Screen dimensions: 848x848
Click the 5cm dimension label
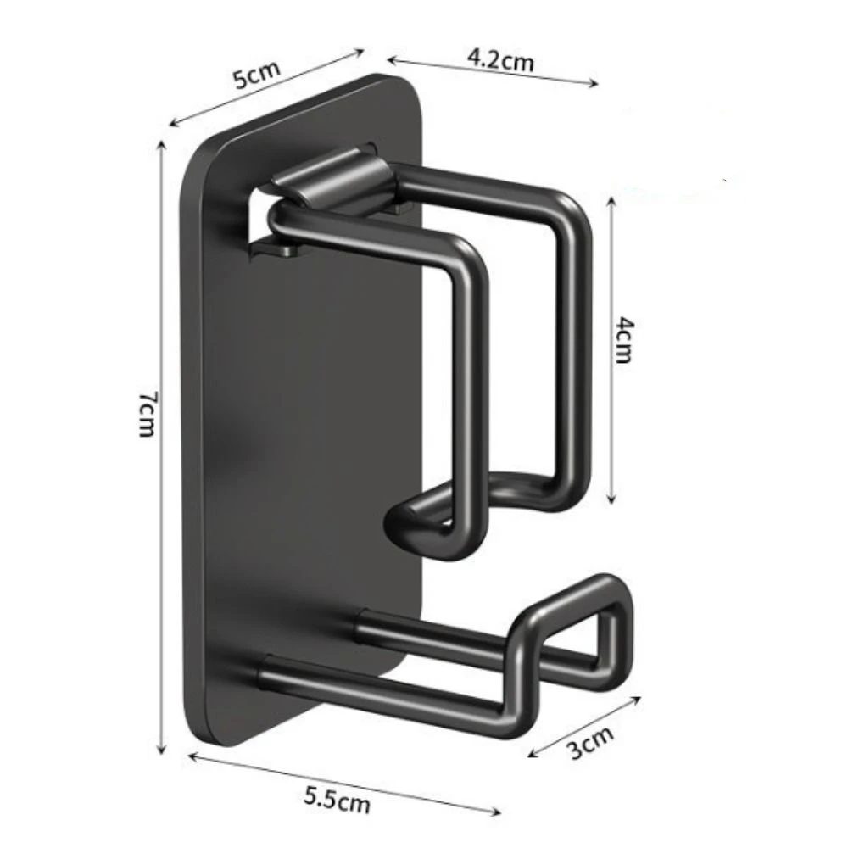[x=257, y=75]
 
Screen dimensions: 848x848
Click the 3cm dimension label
[x=590, y=742]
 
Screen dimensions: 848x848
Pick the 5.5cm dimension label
[x=338, y=800]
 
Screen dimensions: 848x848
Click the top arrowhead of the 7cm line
[x=160, y=144]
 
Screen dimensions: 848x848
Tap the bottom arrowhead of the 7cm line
[x=160, y=749]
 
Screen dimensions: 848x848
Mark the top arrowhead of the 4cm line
[x=611, y=202]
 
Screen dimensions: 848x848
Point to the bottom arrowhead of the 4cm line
[x=611, y=499]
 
